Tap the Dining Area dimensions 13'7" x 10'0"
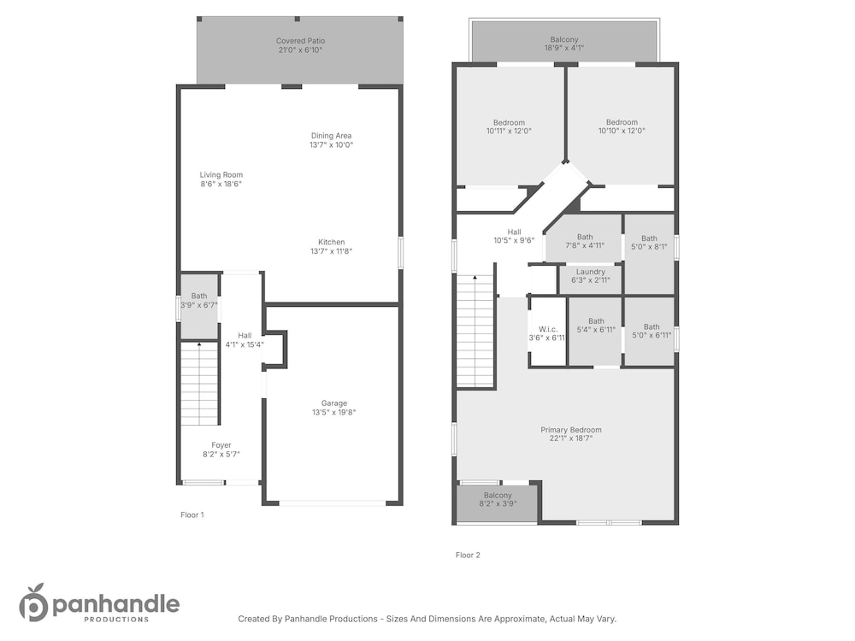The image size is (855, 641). [332, 145]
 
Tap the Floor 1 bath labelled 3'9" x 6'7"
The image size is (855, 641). [199, 300]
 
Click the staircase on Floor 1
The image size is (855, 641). [199, 384]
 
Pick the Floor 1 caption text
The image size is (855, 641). [192, 515]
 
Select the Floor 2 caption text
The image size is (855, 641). [468, 556]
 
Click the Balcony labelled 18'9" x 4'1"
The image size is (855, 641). [563, 44]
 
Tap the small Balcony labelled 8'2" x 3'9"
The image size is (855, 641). [498, 499]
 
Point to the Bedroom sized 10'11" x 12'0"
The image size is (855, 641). [509, 127]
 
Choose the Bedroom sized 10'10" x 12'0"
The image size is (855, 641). [622, 126]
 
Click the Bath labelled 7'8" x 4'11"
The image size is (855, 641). [585, 242]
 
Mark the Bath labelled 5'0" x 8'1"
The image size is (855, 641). [649, 243]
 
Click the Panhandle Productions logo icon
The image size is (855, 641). [34, 603]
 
